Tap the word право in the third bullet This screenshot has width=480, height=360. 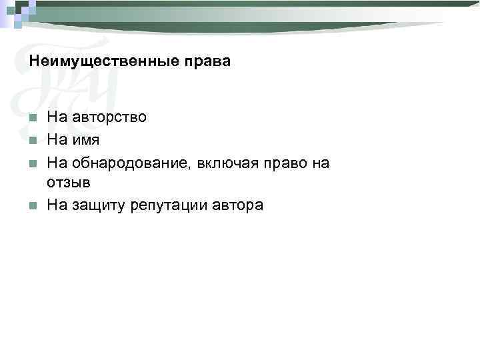(282, 163)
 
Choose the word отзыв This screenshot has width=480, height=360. (68, 182)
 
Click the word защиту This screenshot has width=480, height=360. (99, 205)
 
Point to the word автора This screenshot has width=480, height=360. (238, 205)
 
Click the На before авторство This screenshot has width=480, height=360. (57, 117)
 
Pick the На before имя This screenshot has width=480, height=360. (57, 140)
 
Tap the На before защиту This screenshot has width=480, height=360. (57, 205)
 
